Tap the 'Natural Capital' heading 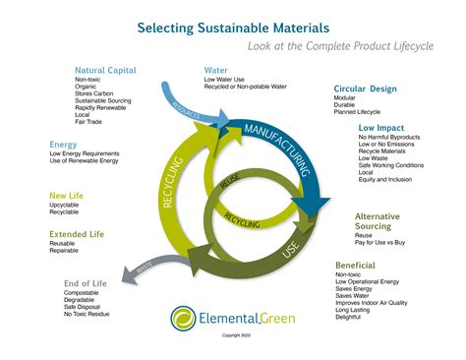(106, 70)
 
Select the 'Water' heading (215, 70)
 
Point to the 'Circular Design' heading (365, 90)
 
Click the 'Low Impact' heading (381, 128)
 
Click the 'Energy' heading (63, 145)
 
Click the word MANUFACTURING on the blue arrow (269, 144)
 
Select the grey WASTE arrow (143, 267)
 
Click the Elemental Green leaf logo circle (182, 317)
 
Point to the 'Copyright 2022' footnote (236, 335)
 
